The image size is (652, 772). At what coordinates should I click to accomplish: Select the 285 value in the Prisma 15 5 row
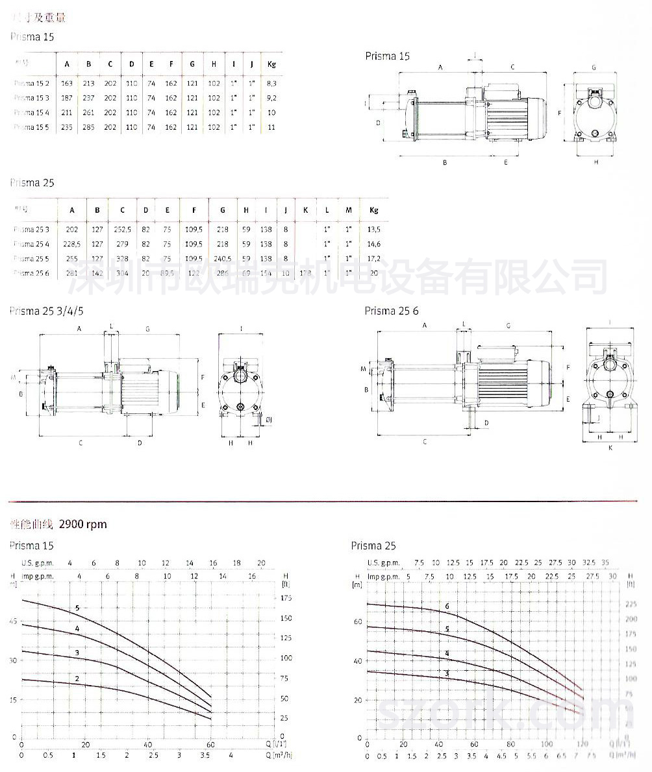pos(88,127)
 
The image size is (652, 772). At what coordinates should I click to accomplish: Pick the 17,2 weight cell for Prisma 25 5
pos(374,258)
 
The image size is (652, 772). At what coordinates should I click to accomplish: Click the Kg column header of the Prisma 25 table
pos(374,210)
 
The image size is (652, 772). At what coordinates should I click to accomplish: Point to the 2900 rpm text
pos(83,524)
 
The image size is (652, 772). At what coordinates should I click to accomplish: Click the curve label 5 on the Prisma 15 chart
pos(77,608)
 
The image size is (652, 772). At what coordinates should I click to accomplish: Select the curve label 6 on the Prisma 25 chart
pos(447,607)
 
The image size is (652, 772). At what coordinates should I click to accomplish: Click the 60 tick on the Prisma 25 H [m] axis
pos(357,621)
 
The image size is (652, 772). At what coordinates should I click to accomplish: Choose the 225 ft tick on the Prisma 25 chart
pos(630,603)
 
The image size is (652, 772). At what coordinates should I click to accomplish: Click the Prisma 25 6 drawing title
pos(389,311)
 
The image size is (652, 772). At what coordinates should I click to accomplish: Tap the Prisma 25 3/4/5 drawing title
pos(46,311)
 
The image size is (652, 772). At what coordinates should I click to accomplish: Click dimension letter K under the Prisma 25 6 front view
pos(610,448)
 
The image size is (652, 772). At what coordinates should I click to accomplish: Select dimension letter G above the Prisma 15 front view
pos(594,67)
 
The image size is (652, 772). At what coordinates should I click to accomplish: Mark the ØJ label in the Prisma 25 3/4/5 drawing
pos(268,420)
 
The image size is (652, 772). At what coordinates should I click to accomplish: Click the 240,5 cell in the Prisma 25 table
pos(223,258)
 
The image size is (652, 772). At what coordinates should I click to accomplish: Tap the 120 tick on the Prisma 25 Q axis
pos(583,744)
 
